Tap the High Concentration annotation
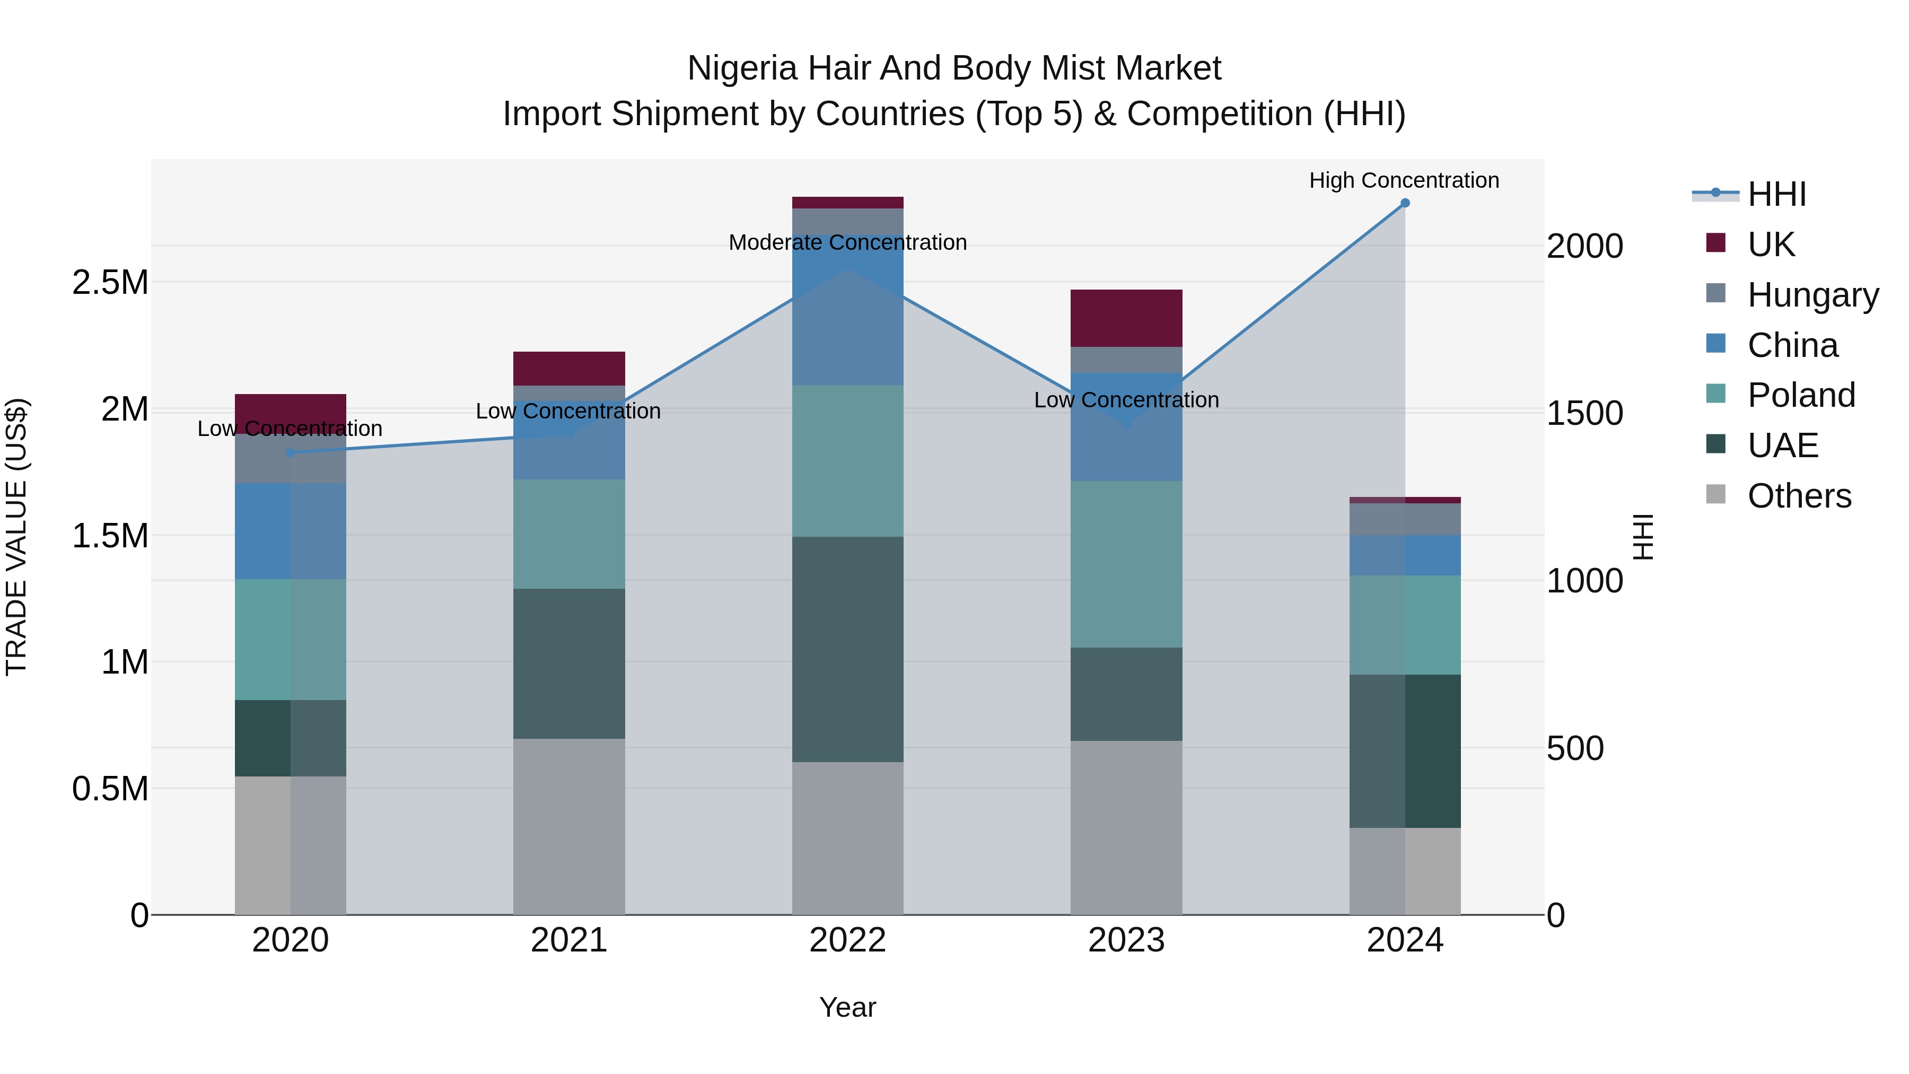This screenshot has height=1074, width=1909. [1404, 180]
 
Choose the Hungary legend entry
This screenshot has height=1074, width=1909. [1812, 294]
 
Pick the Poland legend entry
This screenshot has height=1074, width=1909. [1800, 395]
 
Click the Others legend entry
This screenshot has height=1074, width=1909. [1799, 496]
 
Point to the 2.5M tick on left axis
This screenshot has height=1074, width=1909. [110, 282]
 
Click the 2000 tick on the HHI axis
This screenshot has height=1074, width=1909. [1584, 246]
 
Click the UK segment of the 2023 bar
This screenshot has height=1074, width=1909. [1126, 318]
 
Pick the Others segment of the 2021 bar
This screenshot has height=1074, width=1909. [568, 826]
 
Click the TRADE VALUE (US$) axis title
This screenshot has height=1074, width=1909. [16, 537]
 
